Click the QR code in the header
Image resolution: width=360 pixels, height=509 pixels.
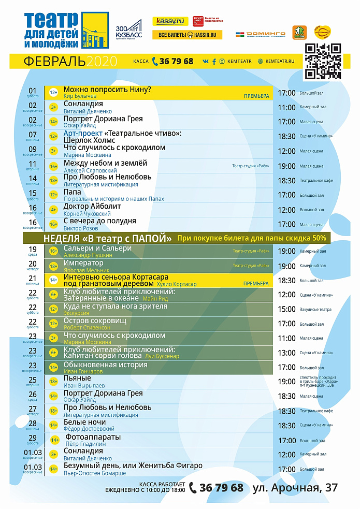(x=323, y=61)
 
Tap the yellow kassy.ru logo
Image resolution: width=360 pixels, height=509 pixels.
(x=170, y=21)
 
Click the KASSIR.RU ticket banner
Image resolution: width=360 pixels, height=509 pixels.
(x=187, y=35)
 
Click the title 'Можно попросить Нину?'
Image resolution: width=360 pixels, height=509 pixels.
(x=107, y=90)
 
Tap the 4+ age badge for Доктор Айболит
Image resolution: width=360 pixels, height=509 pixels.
(x=53, y=210)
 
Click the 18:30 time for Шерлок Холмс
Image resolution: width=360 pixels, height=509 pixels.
(x=286, y=136)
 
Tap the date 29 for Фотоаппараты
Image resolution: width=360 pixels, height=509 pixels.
(x=33, y=438)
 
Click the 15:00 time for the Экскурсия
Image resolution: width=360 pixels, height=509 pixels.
(x=286, y=309)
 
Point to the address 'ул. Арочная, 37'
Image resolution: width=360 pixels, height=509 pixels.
(x=295, y=488)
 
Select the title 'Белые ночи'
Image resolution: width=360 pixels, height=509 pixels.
(x=84, y=423)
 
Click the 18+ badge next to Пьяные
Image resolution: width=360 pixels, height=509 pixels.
(x=53, y=382)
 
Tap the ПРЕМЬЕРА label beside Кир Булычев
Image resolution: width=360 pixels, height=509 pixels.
(x=256, y=96)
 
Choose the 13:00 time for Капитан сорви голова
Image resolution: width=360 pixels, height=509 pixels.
(x=286, y=353)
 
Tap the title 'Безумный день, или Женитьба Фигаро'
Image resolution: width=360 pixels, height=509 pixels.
(x=133, y=466)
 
